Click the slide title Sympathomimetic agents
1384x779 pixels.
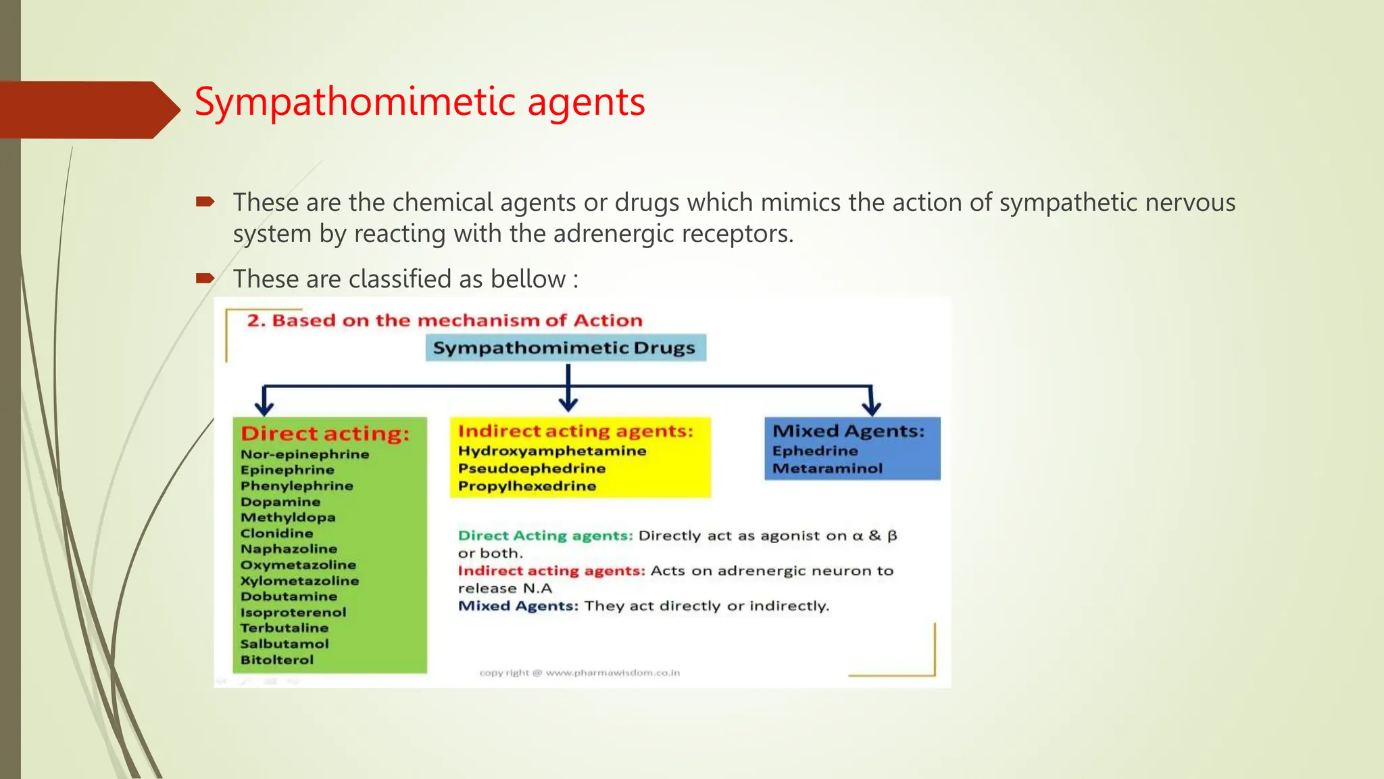point(419,103)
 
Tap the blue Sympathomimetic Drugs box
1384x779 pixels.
point(565,348)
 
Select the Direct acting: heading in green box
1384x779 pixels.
point(325,433)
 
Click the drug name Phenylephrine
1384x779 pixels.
point(297,486)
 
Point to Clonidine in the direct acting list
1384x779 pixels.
point(276,533)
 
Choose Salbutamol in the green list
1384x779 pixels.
point(285,644)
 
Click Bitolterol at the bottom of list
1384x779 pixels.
point(277,659)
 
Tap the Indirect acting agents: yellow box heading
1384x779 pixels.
point(576,431)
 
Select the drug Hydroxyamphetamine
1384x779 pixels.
point(552,450)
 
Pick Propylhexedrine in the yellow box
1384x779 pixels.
point(527,486)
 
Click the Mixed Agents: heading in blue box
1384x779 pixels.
point(848,431)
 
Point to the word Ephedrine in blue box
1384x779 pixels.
point(815,450)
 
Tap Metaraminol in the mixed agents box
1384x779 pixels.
point(827,468)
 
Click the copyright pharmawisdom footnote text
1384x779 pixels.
point(579,673)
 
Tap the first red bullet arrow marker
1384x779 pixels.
point(205,202)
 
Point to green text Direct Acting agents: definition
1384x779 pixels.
point(545,536)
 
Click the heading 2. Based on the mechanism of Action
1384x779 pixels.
point(444,321)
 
